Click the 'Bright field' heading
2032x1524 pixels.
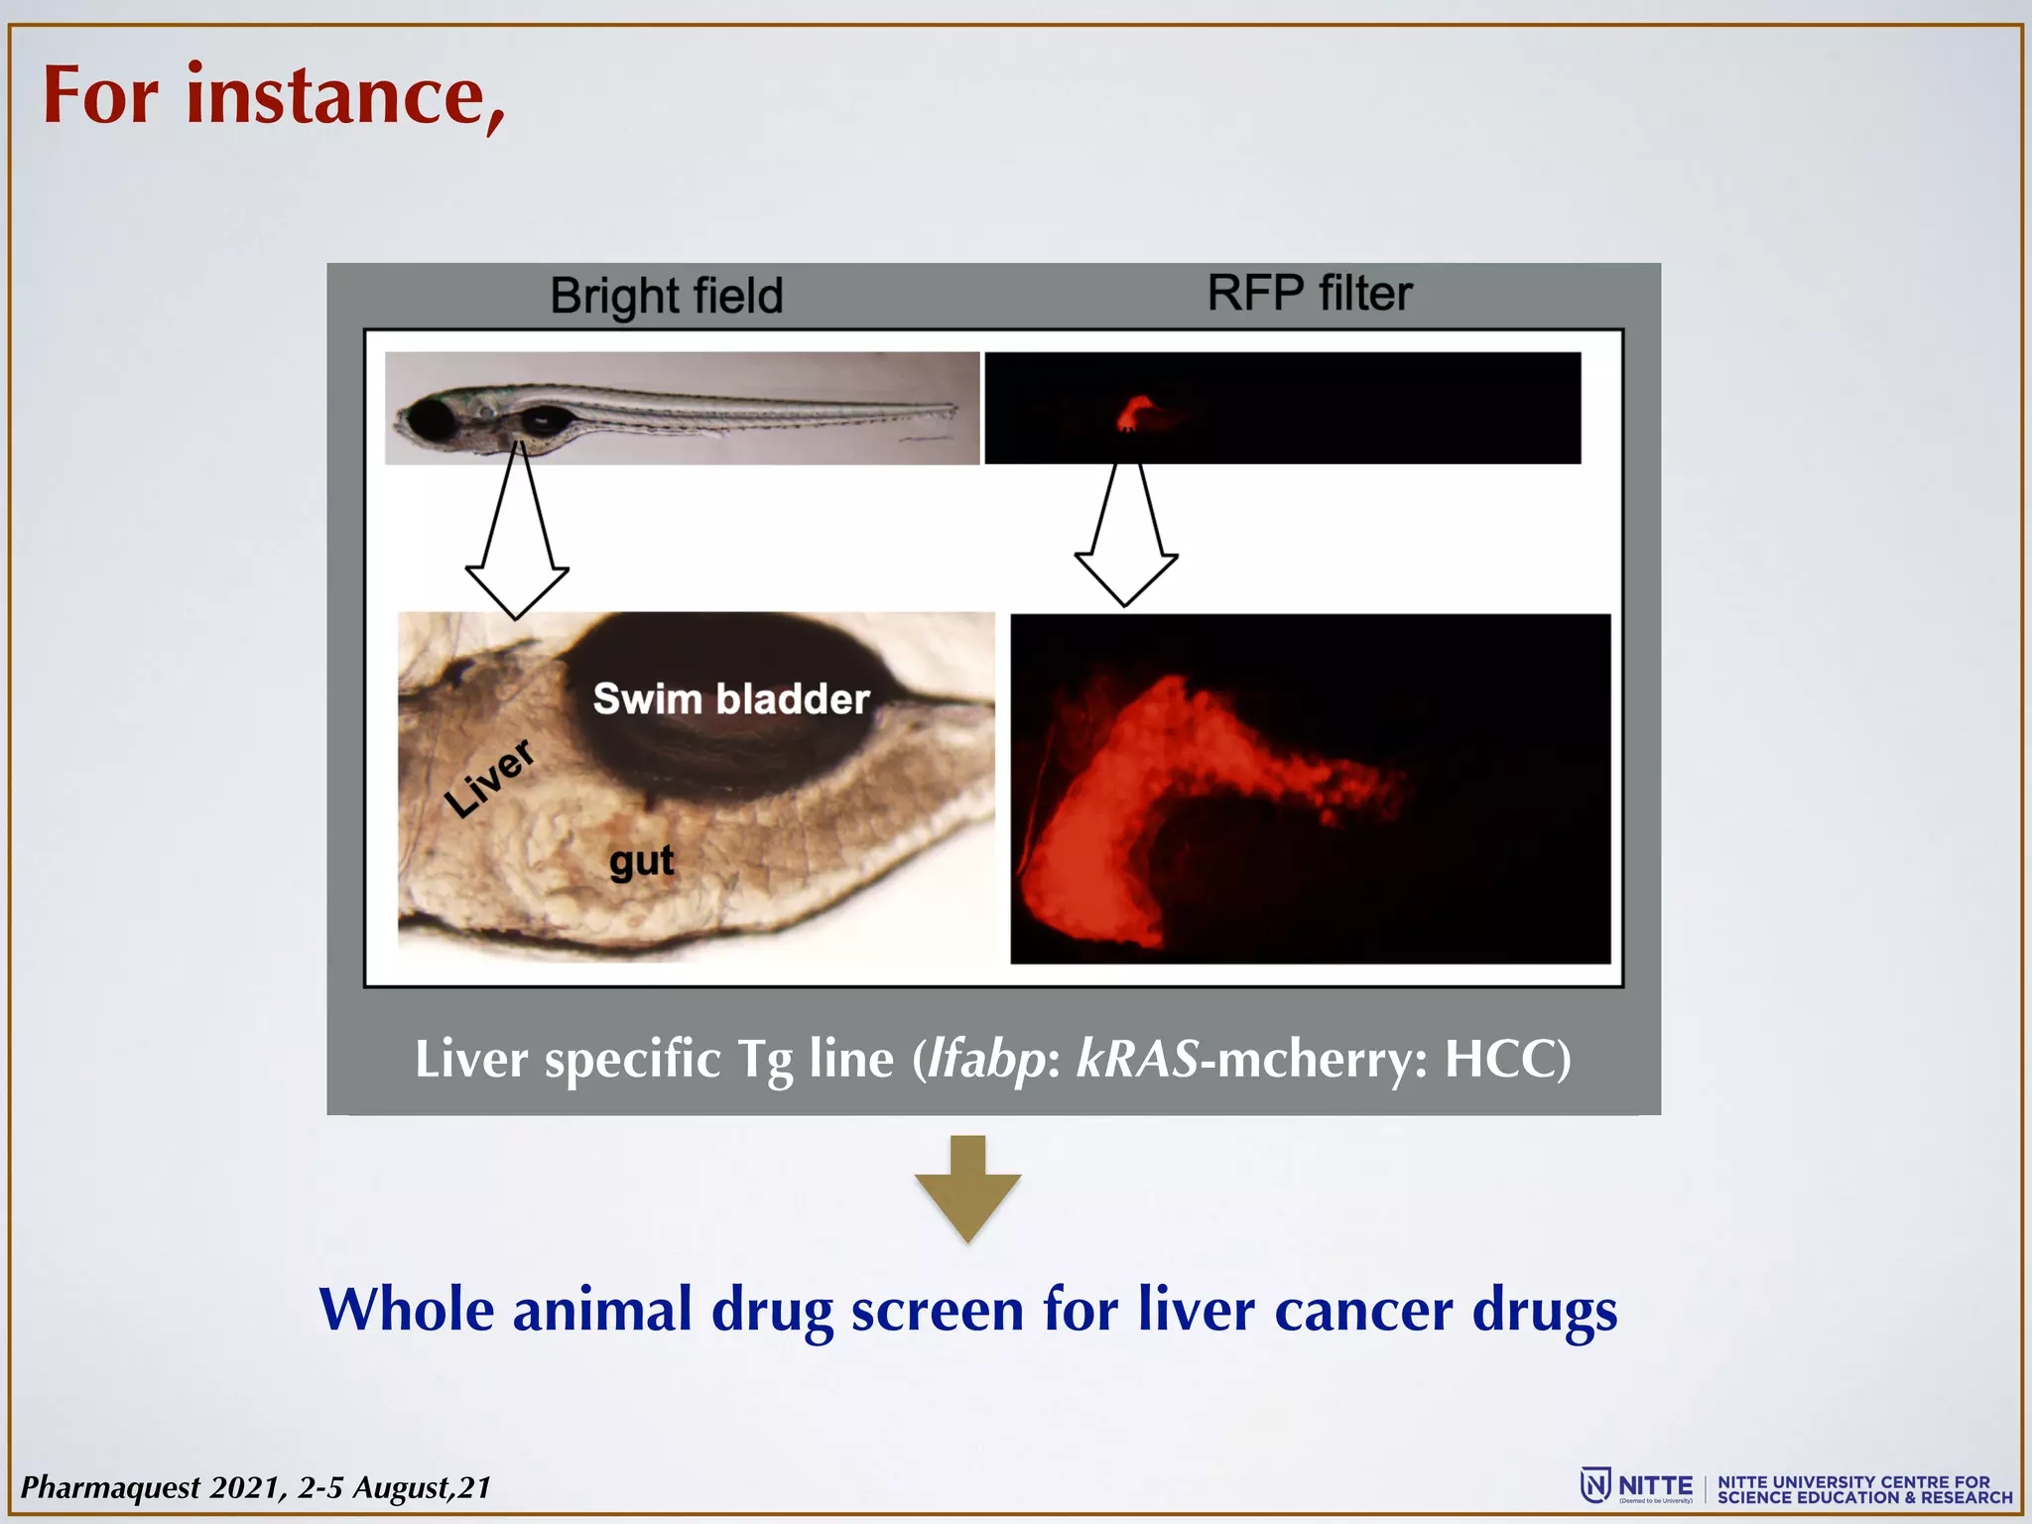pyautogui.click(x=667, y=296)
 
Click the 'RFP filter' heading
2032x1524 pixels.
pyautogui.click(x=1309, y=294)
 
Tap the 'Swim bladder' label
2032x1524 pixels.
pyautogui.click(x=731, y=698)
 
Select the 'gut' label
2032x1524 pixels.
pyautogui.click(x=642, y=860)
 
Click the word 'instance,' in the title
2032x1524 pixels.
pyautogui.click(x=345, y=96)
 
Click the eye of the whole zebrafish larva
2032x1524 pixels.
pyautogui.click(x=430, y=419)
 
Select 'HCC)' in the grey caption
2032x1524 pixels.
pyautogui.click(x=1507, y=1059)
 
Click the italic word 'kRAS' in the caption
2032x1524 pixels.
pyautogui.click(x=1138, y=1059)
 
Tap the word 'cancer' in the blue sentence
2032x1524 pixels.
pyautogui.click(x=1363, y=1310)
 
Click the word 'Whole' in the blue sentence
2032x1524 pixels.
pyautogui.click(x=407, y=1310)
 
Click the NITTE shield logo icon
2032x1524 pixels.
pyautogui.click(x=1595, y=1485)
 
